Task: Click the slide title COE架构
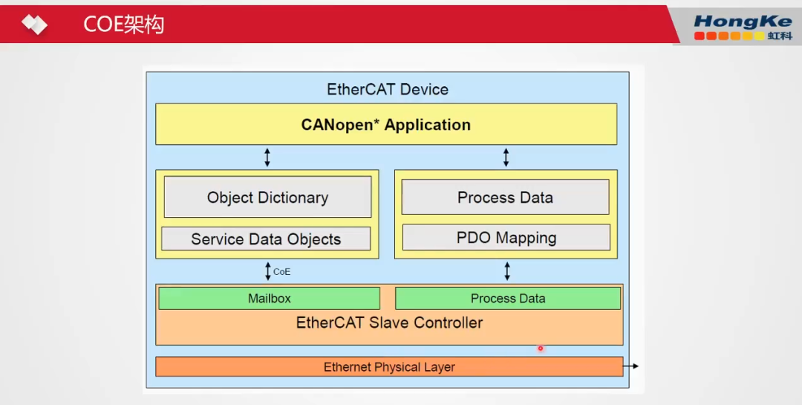(123, 25)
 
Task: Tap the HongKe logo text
(742, 22)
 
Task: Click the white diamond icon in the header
(34, 25)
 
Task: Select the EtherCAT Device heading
(387, 90)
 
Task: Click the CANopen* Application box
(385, 124)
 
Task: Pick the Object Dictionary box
(267, 197)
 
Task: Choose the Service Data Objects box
(266, 239)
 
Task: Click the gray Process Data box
(505, 197)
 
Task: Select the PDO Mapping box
(506, 238)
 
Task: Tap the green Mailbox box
(269, 298)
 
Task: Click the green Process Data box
(508, 298)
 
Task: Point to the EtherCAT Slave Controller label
(389, 323)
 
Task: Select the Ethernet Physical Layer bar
(389, 367)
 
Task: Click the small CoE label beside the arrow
(282, 272)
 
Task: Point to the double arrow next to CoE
(268, 271)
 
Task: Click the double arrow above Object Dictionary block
(267, 157)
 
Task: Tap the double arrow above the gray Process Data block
(506, 157)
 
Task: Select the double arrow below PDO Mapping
(507, 270)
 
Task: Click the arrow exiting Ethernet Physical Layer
(630, 366)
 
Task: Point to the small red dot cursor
(541, 348)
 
